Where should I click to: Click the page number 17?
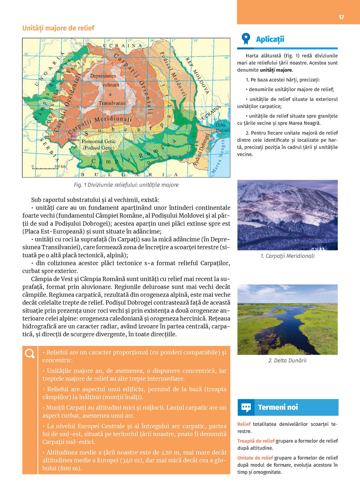click(341, 17)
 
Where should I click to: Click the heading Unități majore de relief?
click(58, 28)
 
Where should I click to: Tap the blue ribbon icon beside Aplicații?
click(246, 38)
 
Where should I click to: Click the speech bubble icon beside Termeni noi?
click(246, 408)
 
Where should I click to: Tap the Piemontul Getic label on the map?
click(99, 142)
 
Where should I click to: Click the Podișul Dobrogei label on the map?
click(202, 149)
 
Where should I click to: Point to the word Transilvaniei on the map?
click(112, 103)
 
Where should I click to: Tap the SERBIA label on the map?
click(49, 150)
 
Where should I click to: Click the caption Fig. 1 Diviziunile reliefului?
click(126, 185)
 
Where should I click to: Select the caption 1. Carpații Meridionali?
click(287, 256)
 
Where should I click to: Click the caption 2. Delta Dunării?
click(287, 360)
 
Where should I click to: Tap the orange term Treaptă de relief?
click(256, 441)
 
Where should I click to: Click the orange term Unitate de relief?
click(255, 458)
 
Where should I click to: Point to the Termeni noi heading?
click(278, 408)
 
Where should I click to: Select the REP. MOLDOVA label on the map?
click(197, 75)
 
